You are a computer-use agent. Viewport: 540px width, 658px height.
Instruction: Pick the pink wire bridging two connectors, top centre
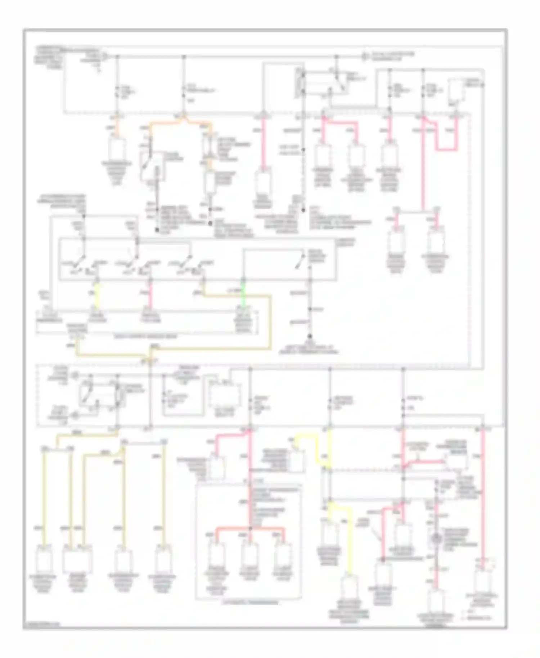340,123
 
